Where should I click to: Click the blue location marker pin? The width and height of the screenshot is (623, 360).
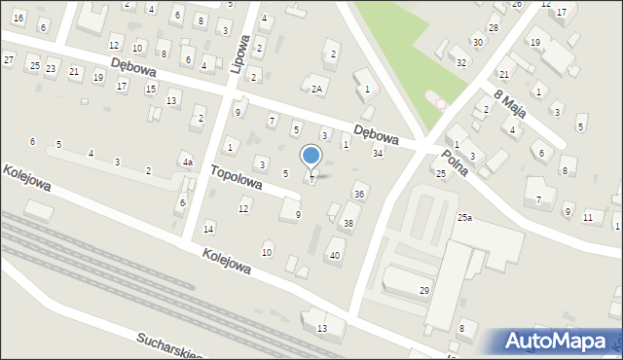click(311, 156)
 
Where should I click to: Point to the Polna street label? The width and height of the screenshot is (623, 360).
click(454, 162)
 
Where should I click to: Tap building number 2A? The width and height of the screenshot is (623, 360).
click(316, 90)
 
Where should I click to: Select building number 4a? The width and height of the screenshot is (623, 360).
click(187, 162)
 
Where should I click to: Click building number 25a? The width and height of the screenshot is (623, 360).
click(464, 218)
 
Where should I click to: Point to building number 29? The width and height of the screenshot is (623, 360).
click(424, 291)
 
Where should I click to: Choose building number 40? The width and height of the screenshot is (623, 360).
click(335, 256)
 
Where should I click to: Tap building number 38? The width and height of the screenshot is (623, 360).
click(348, 224)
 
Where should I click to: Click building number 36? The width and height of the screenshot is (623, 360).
click(359, 195)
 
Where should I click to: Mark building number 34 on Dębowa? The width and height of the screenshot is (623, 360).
click(378, 153)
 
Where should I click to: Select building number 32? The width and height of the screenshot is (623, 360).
click(461, 63)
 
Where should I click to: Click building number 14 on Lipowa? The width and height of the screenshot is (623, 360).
click(208, 229)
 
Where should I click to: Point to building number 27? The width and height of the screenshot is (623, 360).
click(9, 60)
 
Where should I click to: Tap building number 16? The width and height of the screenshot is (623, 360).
click(18, 18)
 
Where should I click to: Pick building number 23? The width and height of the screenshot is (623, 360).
click(51, 69)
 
